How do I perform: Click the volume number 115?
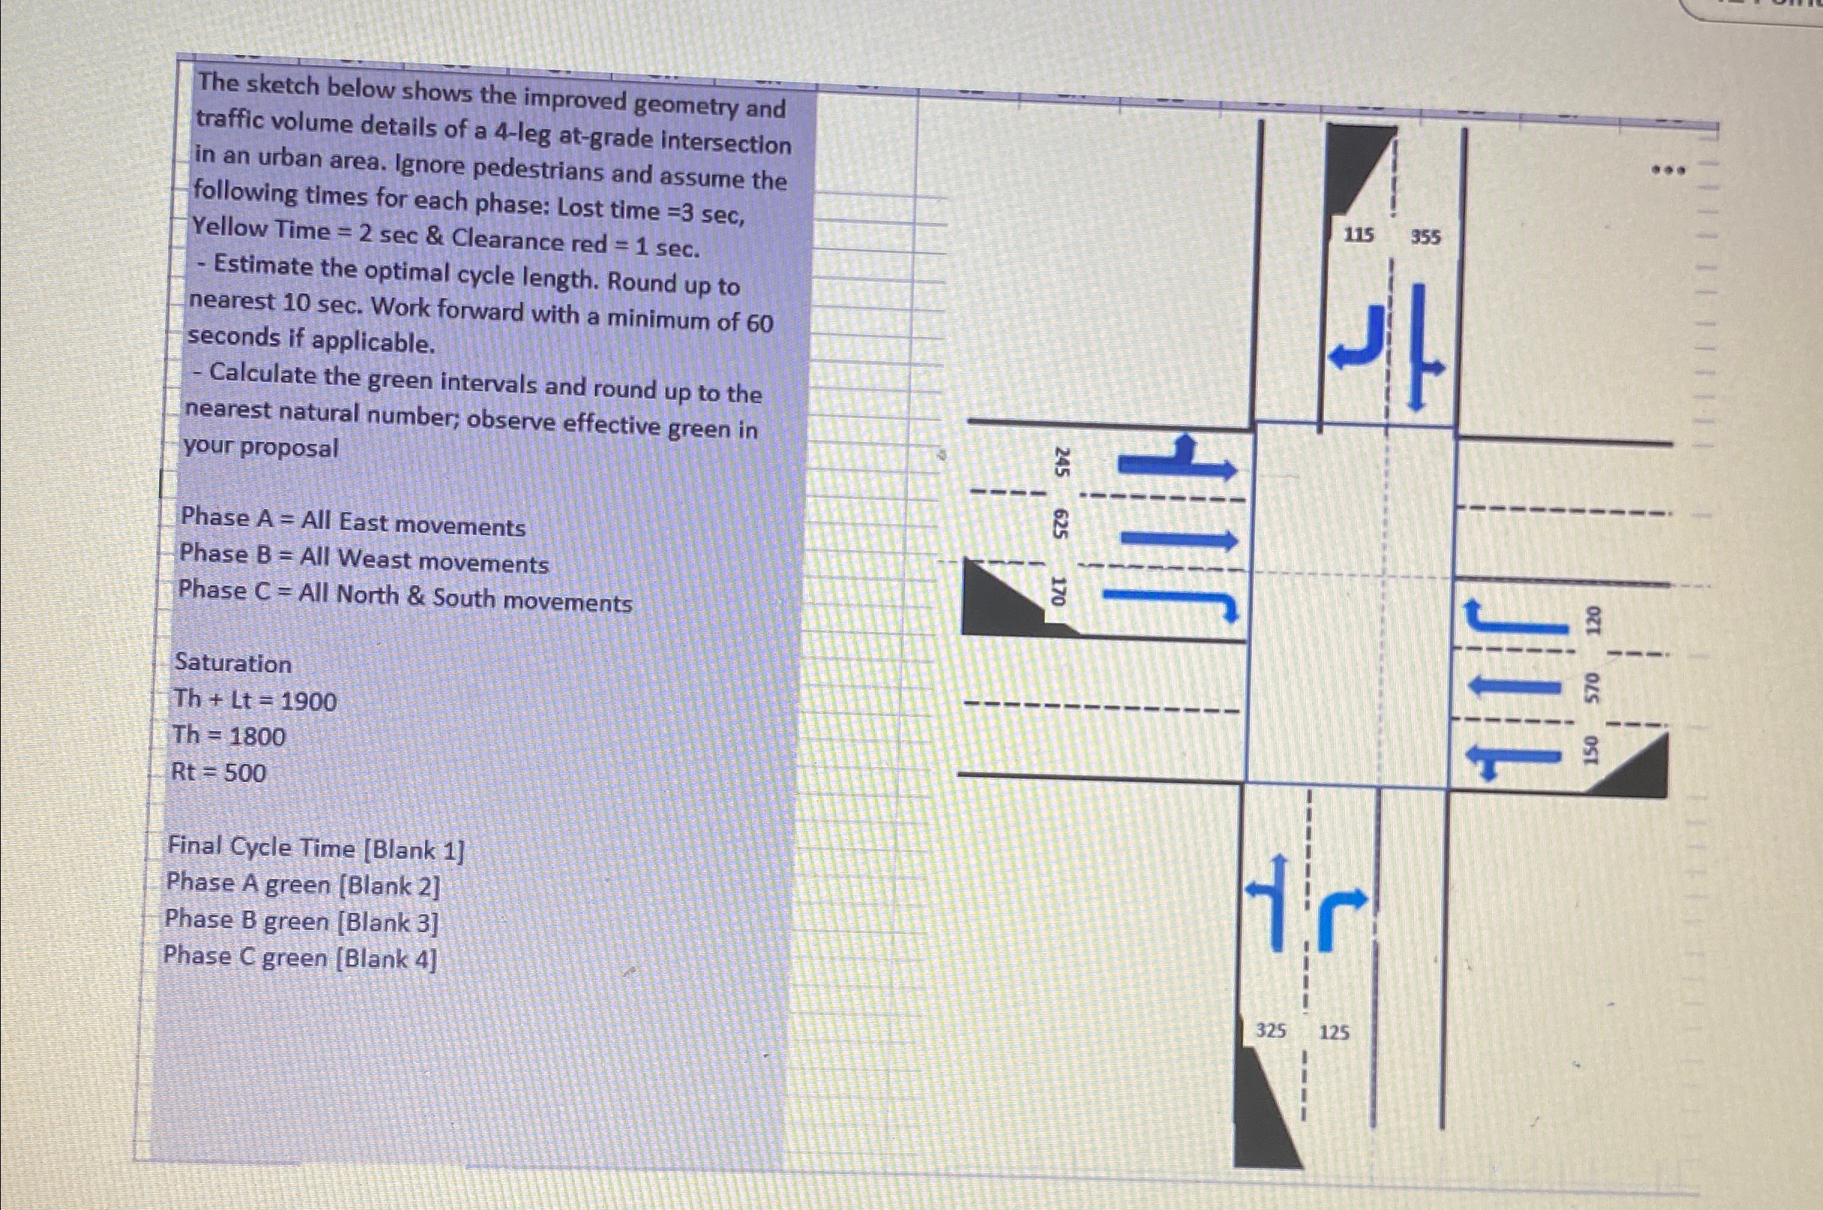coord(1358,235)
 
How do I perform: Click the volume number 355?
coord(1426,237)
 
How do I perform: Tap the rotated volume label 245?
coord(1061,462)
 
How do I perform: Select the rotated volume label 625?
coord(1060,525)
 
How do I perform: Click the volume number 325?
coord(1271,1030)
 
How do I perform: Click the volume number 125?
coord(1334,1033)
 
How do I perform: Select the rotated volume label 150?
coord(1590,750)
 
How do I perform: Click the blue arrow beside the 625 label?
coord(1178,538)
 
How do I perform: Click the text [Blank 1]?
coord(414,850)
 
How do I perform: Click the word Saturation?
coord(233,663)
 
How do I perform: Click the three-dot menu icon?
coord(1667,169)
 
